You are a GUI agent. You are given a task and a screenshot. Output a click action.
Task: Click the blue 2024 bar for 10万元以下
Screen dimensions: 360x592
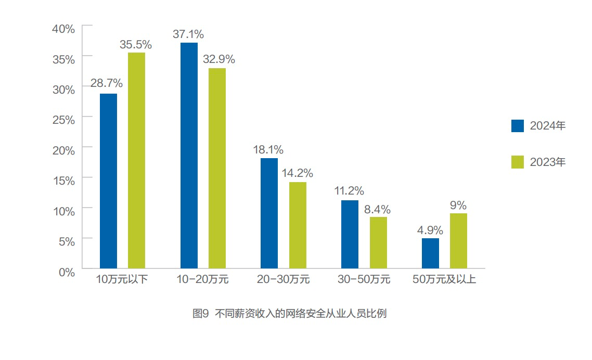108,181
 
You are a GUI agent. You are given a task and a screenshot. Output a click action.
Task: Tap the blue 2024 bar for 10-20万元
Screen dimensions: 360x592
189,156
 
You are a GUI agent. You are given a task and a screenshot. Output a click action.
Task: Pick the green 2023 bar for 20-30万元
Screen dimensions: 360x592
298,225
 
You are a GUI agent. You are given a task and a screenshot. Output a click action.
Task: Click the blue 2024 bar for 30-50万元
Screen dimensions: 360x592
350,234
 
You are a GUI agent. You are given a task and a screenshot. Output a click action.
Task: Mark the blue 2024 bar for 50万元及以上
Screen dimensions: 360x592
430,253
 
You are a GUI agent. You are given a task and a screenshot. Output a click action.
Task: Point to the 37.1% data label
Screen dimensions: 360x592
188,34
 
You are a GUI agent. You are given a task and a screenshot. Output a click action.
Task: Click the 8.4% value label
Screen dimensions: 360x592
377,210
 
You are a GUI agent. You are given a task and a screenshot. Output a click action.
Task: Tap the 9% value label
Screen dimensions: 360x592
458,205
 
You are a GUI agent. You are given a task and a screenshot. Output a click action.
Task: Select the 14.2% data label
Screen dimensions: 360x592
298,173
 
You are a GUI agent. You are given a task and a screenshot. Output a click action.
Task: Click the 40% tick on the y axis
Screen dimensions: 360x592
64,29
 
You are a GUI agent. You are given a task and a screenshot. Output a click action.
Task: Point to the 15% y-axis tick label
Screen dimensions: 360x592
64,181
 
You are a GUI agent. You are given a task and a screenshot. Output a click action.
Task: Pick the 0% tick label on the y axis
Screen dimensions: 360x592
67,272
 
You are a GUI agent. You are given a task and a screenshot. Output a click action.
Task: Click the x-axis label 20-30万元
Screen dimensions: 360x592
283,279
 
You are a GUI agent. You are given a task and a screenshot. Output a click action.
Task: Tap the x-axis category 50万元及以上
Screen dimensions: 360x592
444,279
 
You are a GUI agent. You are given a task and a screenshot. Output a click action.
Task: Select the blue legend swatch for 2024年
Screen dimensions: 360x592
518,126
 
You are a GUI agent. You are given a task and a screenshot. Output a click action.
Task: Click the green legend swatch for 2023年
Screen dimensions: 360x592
518,162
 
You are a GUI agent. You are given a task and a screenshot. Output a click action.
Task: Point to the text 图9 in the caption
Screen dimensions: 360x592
200,314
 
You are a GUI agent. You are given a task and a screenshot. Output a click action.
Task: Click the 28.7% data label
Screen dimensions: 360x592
107,83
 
